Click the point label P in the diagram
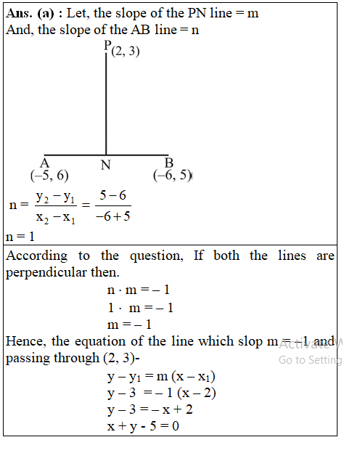107,46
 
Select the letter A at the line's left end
44,163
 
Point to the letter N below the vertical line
106,165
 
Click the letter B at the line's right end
169,163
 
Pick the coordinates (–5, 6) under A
50,175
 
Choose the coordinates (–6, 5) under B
172,175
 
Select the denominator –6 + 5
112,216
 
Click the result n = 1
20,237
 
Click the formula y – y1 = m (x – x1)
161,377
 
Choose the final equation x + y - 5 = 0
143,427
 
